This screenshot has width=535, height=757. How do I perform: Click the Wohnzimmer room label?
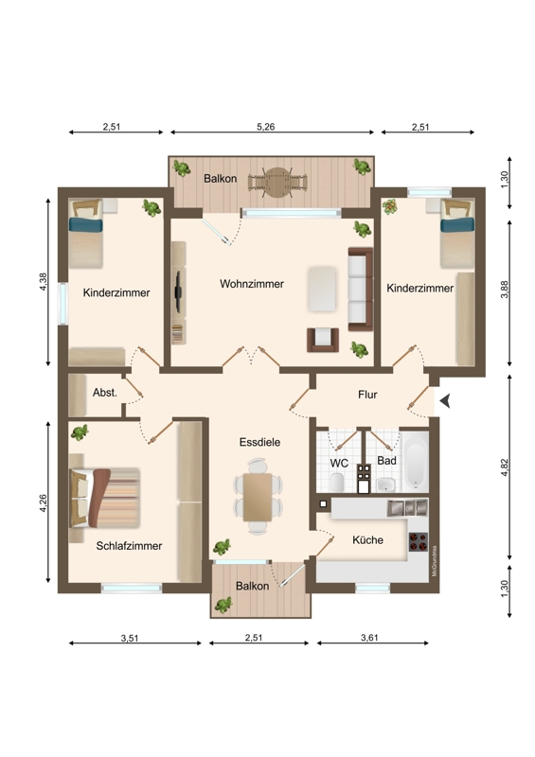click(252, 284)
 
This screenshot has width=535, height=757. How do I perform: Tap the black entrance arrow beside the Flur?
click(446, 400)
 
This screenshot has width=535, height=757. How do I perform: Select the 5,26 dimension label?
click(265, 127)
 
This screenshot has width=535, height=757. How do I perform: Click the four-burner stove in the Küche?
click(418, 541)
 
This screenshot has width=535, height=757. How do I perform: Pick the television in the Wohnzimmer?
click(178, 291)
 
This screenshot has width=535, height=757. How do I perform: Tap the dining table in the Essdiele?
click(258, 498)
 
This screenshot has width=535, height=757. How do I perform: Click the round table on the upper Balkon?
click(277, 182)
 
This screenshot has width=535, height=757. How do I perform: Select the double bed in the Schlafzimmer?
click(104, 498)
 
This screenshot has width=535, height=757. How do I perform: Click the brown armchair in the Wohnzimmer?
click(323, 340)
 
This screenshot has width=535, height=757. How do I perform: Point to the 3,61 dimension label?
click(369, 638)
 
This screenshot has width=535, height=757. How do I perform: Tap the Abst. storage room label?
click(105, 393)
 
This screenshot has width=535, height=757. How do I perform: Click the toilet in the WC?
click(337, 482)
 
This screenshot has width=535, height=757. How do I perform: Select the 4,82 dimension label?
click(505, 467)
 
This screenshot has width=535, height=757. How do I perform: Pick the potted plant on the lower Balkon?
click(223, 605)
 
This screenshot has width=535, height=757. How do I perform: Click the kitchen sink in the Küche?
click(407, 508)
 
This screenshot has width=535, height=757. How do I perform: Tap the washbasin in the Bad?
click(385, 484)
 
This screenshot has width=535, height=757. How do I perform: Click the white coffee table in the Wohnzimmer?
click(322, 289)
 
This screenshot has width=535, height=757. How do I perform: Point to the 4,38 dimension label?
click(44, 281)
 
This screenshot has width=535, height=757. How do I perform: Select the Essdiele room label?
click(259, 442)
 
